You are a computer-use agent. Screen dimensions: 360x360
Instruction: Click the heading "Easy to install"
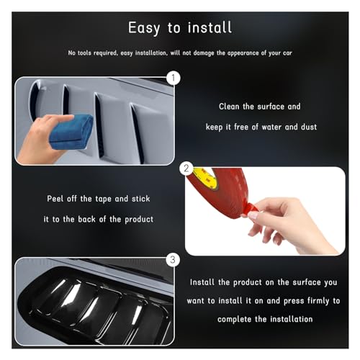tap(180, 28)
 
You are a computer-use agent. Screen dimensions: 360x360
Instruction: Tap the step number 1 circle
tap(173, 77)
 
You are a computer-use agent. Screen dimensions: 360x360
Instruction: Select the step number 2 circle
tap(187, 170)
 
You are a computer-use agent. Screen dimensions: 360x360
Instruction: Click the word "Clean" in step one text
tap(231, 107)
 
